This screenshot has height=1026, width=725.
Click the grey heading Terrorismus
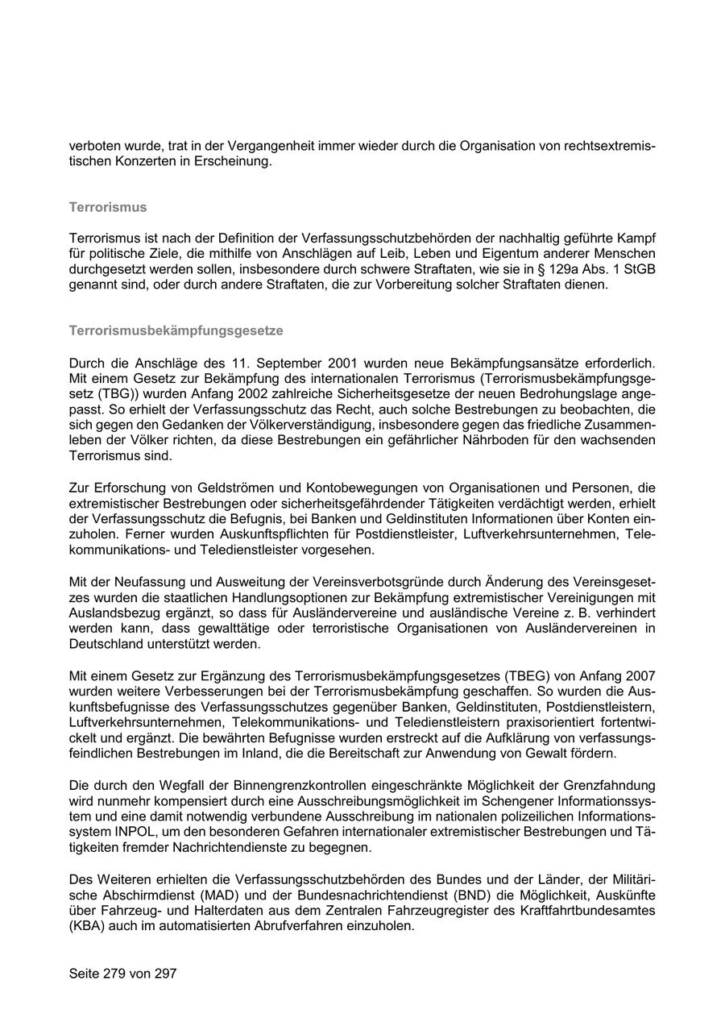[108, 207]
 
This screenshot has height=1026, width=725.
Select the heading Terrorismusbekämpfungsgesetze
[176, 330]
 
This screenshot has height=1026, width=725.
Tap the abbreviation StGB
[640, 269]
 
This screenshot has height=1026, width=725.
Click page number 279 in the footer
[114, 973]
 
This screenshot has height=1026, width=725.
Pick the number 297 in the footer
[165, 973]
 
